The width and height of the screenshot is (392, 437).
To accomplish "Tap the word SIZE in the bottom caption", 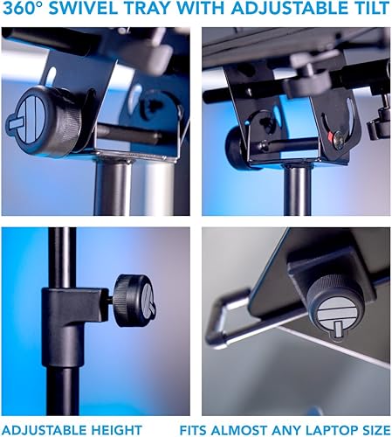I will click(x=372, y=429).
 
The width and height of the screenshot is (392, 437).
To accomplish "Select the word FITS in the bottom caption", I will click(x=197, y=429).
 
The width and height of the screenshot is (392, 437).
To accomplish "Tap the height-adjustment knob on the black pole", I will click(x=134, y=301).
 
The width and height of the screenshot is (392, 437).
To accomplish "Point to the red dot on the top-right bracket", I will click(x=336, y=136).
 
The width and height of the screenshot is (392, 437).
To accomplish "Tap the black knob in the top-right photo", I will click(x=239, y=148).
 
